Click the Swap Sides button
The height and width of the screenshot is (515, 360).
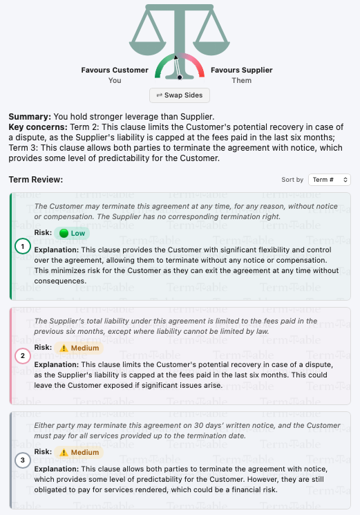180,95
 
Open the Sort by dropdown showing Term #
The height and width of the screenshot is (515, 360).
330,180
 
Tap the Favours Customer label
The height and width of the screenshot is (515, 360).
115,70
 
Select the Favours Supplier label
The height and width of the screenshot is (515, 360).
241,70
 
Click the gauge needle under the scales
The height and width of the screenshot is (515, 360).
178,68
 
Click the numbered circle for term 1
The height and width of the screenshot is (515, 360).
23,246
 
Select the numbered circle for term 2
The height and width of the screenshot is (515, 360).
23,356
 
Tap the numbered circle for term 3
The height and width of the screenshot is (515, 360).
23,460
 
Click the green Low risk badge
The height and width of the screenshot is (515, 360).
72,233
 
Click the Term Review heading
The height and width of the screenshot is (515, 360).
36,180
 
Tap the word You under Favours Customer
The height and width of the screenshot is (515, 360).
115,80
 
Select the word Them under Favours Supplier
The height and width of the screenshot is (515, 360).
241,80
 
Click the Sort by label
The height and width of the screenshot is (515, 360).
292,180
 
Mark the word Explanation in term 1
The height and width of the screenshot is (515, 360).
56,250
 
